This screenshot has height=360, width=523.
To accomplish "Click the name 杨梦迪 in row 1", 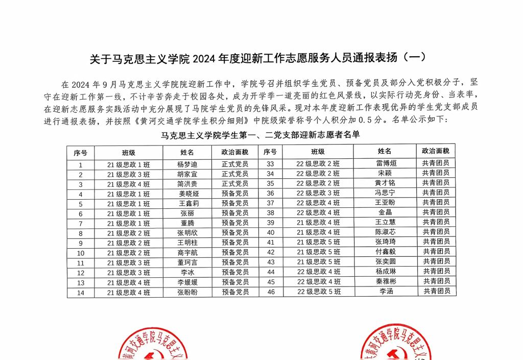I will pyautogui.click(x=187, y=164).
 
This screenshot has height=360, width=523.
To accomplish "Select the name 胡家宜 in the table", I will pyautogui.click(x=187, y=174).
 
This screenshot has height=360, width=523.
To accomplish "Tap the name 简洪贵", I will pyautogui.click(x=187, y=184).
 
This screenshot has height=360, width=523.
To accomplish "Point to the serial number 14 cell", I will pyautogui.click(x=81, y=293).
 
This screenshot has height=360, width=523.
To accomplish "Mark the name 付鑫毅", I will pyautogui.click(x=386, y=252).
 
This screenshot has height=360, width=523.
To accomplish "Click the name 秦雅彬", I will pyautogui.click(x=386, y=281).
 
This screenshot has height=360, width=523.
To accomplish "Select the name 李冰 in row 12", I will pyautogui.click(x=187, y=273).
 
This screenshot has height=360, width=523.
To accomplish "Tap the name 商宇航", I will pyautogui.click(x=187, y=253).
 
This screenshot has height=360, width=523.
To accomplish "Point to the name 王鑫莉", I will pyautogui.click(x=187, y=204).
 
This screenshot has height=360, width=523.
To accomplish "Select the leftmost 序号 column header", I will pyautogui.click(x=81, y=153).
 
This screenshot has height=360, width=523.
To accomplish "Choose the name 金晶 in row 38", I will pyautogui.click(x=386, y=212).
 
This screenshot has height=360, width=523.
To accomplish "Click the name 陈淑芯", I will pyautogui.click(x=386, y=232).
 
